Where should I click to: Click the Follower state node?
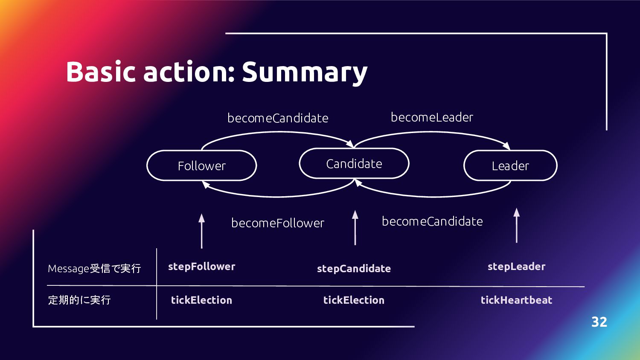(x=201, y=165)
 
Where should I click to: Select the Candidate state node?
(x=354, y=163)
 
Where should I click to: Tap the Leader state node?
(x=510, y=165)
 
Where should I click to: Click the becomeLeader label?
(x=432, y=117)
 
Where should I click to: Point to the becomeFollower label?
(x=278, y=223)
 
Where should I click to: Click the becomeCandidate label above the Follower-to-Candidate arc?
(x=278, y=118)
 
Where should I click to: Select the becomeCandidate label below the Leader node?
(x=432, y=221)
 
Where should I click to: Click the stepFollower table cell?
(x=201, y=267)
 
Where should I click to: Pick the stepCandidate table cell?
(x=354, y=269)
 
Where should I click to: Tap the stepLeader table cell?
(x=516, y=267)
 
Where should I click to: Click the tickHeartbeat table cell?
(x=516, y=300)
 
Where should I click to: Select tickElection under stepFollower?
(x=201, y=300)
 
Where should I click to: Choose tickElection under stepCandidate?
(x=354, y=300)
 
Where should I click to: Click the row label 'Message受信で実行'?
(x=94, y=268)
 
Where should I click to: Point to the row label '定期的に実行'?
(x=79, y=300)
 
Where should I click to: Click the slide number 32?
(x=599, y=322)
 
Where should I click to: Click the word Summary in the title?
(x=305, y=72)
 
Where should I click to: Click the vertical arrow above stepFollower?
(x=202, y=231)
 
